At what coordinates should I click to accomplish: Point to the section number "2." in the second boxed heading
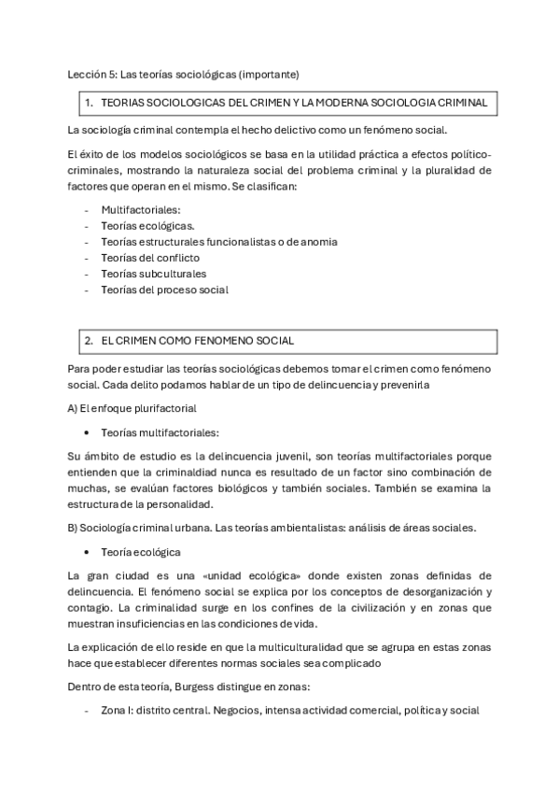point(90,341)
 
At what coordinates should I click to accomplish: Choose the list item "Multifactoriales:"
point(141,210)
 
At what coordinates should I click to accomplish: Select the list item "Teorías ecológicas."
point(147,226)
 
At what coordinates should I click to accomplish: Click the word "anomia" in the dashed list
point(318,242)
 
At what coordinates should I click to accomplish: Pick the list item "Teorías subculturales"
point(153,274)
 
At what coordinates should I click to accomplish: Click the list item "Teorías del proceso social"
point(164,290)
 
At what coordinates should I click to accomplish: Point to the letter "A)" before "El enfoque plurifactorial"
point(73,408)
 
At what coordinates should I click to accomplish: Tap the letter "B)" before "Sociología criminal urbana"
point(73,528)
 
